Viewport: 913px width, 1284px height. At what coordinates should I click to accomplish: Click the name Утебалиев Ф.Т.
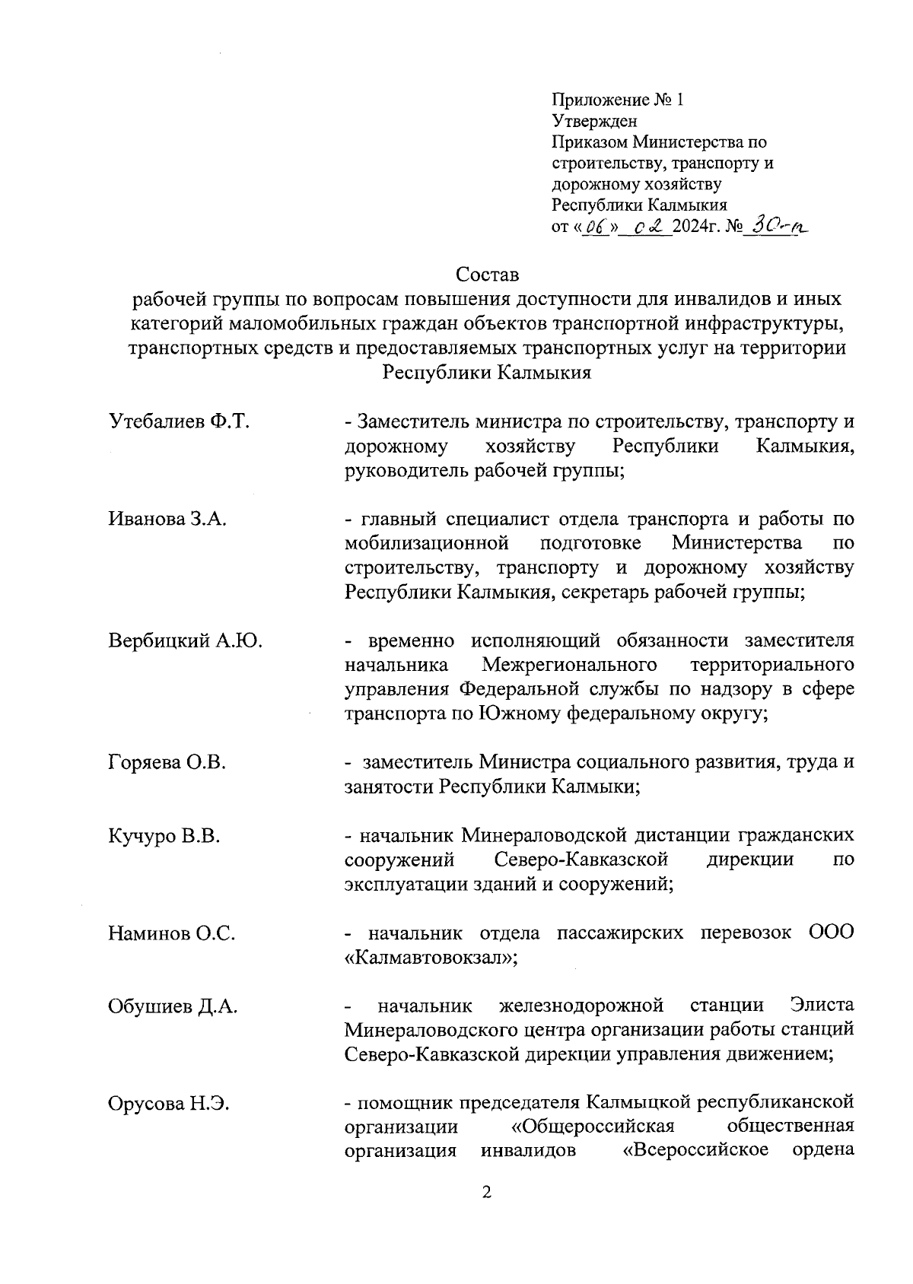(x=180, y=422)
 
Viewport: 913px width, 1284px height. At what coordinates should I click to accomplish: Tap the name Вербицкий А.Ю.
(x=186, y=640)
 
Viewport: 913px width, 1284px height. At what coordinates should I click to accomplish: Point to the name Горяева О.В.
(x=167, y=762)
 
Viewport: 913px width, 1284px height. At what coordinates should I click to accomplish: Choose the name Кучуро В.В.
(x=164, y=836)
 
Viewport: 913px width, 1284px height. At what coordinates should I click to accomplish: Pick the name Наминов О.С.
(x=172, y=933)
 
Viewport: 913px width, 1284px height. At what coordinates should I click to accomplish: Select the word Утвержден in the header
(x=594, y=121)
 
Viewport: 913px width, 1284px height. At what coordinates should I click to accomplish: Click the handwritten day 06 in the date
(x=596, y=227)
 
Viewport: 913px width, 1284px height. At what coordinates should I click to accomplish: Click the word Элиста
(x=822, y=1006)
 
